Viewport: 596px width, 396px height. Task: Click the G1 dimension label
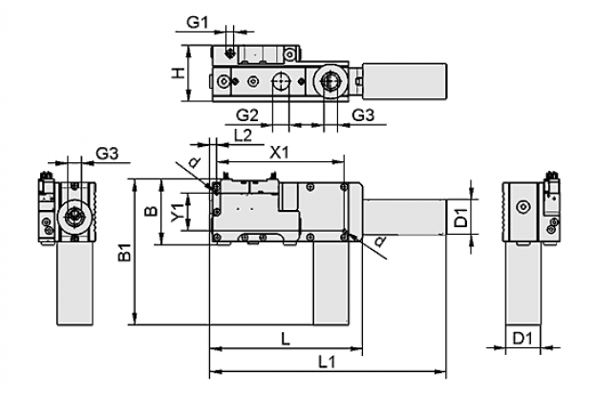pos(198,22)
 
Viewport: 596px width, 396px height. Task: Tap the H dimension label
pos(178,73)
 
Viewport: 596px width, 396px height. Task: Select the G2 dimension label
pos(247,115)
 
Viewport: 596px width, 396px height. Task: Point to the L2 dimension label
pos(243,135)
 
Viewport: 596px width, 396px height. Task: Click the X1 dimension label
pos(279,153)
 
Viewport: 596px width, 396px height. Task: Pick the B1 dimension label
pos(125,252)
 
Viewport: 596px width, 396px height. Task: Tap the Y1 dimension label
pos(177,212)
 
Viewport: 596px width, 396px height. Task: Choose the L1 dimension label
pos(327,363)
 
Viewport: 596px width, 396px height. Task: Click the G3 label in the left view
pos(107,154)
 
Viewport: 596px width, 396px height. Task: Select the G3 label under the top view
pos(363,115)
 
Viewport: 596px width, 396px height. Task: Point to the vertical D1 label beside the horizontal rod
pos(461,217)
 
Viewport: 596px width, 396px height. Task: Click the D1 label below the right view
pos(522,338)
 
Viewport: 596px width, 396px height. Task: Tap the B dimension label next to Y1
pos(151,211)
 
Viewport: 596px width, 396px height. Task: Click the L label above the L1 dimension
pos(285,339)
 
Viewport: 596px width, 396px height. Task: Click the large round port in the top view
pos(330,81)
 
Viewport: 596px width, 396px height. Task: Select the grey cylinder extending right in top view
pos(404,81)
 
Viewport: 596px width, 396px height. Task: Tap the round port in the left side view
pos(74,218)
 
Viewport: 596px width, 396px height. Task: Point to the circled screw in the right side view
pos(523,207)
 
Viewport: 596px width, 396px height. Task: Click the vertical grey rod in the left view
pos(74,283)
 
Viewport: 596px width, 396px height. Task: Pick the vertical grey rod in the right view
pos(523,283)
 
